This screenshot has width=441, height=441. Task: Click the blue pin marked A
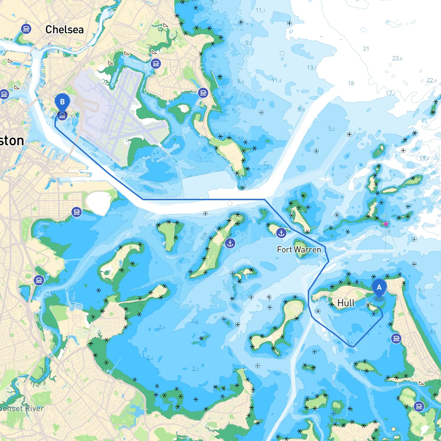click(x=379, y=288)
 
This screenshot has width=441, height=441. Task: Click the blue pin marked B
click(x=62, y=102)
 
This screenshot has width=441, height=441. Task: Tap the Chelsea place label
click(x=64, y=30)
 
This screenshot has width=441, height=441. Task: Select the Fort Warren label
click(x=299, y=249)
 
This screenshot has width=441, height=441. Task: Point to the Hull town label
click(x=346, y=303)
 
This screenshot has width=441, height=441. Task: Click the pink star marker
click(x=386, y=224)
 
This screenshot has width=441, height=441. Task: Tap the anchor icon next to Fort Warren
click(x=281, y=233)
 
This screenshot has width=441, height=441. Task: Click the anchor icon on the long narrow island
click(x=230, y=243)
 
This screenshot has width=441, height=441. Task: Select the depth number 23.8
click(x=397, y=58)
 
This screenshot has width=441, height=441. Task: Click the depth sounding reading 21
click(x=366, y=49)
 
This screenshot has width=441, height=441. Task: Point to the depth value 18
click(x=351, y=83)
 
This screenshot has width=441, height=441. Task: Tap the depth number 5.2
click(x=331, y=129)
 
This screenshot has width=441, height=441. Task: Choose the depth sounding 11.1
click(x=260, y=10)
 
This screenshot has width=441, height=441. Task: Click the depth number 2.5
click(x=162, y=327)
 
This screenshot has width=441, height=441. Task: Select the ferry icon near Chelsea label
click(x=26, y=28)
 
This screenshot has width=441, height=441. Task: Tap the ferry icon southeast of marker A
click(x=397, y=338)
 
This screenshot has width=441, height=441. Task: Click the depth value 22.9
click(x=431, y=81)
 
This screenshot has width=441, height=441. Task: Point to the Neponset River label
click(x=21, y=409)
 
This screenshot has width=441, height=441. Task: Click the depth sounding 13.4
click(x=424, y=158)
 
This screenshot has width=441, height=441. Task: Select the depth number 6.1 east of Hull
click(x=421, y=290)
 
